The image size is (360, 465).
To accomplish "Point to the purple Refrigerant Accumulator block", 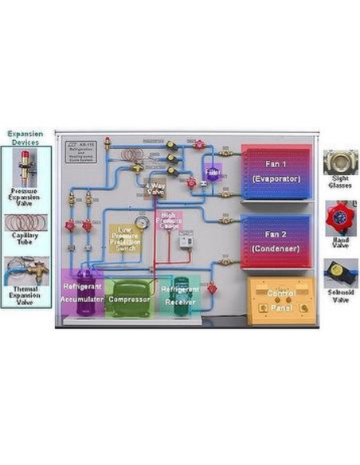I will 83,294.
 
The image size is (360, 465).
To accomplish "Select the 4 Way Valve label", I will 155,189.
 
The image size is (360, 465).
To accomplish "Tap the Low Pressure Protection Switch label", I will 126,236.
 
